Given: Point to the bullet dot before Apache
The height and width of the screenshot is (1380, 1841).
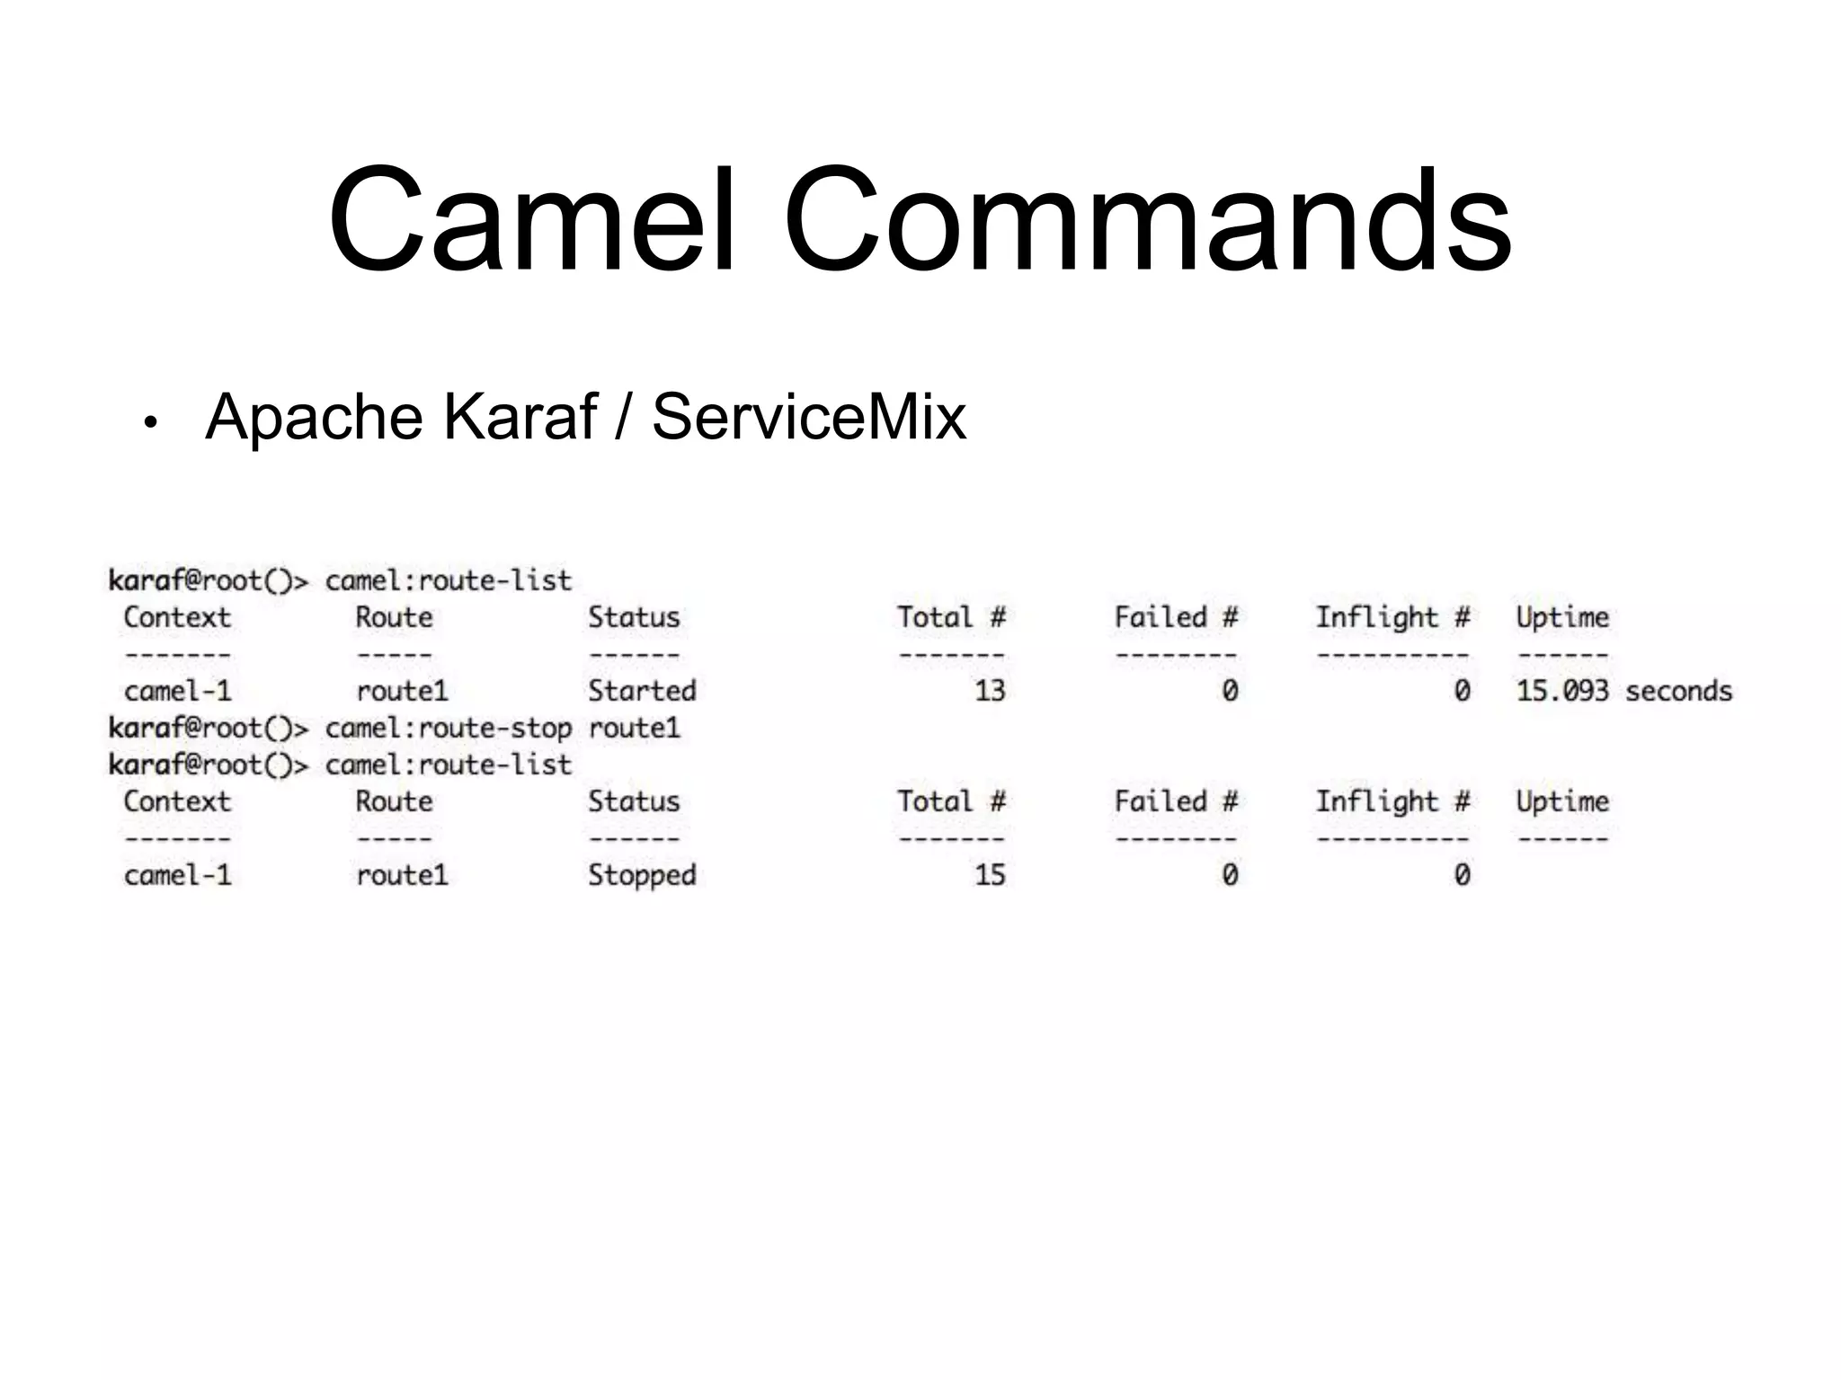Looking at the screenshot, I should (x=150, y=422).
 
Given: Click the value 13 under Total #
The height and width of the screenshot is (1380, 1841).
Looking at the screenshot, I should (x=990, y=691).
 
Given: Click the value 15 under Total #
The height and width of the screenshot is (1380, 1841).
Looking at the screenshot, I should (x=990, y=875).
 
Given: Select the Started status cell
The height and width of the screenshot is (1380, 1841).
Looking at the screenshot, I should (x=642, y=691).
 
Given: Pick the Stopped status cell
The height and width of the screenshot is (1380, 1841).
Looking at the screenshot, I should (x=642, y=875).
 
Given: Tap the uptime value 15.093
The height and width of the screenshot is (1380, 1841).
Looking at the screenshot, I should (x=1561, y=691).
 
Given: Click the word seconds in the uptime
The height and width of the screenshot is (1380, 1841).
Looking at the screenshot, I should (x=1678, y=691).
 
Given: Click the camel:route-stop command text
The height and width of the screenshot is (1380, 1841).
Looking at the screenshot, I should (x=448, y=728).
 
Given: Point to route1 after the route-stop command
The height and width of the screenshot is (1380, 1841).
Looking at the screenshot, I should (x=634, y=728).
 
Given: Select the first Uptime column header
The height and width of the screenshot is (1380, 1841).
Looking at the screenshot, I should (x=1562, y=617).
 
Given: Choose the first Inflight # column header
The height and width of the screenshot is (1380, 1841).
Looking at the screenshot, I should (x=1392, y=617).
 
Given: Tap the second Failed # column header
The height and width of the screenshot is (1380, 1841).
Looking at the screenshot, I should (x=1176, y=801).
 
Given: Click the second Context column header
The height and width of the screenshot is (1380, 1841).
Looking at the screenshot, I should (x=177, y=801).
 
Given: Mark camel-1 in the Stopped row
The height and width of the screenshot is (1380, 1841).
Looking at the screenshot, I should (x=178, y=875).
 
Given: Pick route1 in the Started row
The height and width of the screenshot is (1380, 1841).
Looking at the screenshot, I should (x=402, y=691).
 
